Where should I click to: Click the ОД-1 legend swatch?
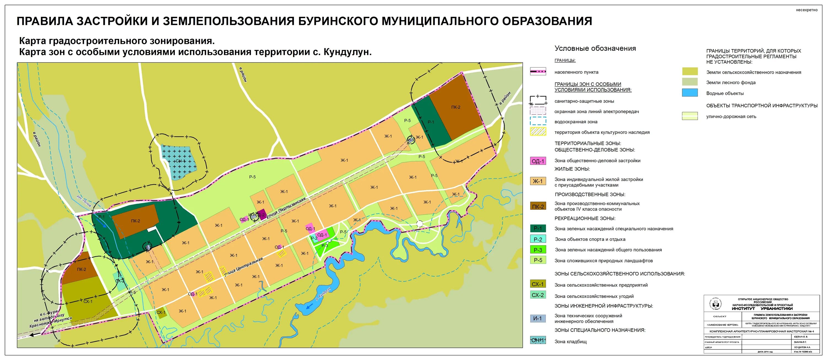tap(538, 161)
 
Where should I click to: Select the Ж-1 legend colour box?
tap(538, 181)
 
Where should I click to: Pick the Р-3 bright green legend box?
tap(538, 250)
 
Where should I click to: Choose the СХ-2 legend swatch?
tap(538, 295)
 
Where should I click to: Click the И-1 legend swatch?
tap(538, 318)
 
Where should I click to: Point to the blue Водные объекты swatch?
tap(690, 93)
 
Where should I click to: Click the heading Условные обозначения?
tap(595, 49)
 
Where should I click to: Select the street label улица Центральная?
tap(243, 267)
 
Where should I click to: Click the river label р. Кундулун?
tap(323, 293)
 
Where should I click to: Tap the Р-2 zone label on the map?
tap(314, 238)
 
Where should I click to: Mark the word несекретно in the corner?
tap(806, 10)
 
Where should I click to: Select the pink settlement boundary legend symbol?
tap(538, 72)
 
